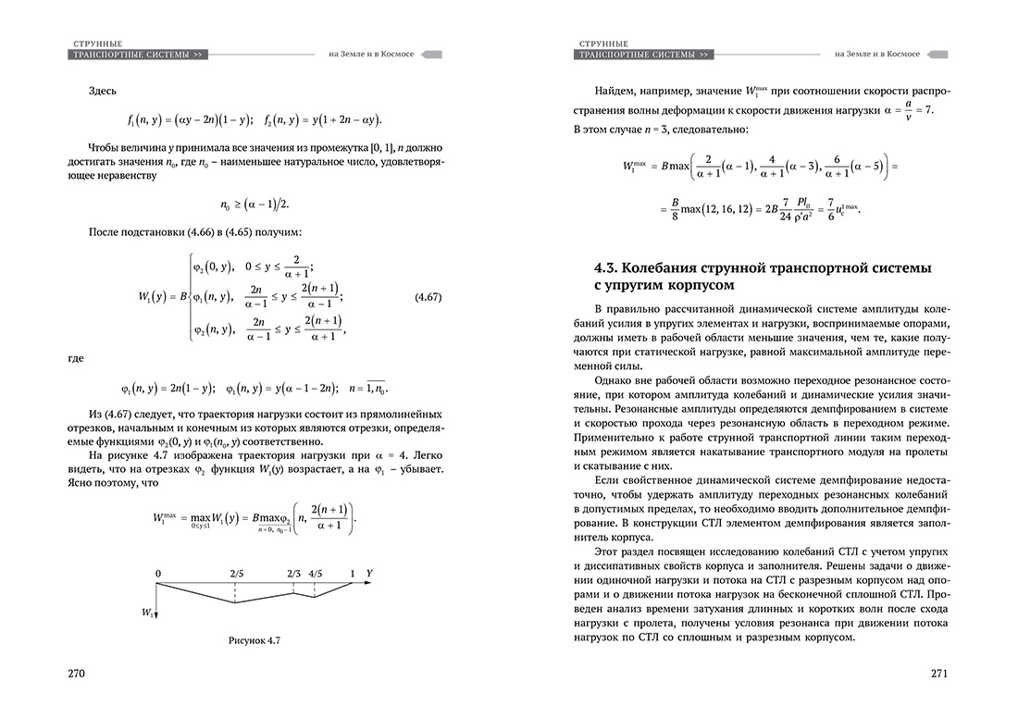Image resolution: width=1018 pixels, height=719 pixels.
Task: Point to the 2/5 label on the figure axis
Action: click(x=237, y=575)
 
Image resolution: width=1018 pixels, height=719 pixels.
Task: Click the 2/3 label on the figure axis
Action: click(x=293, y=575)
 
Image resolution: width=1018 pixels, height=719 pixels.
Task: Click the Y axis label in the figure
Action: click(x=369, y=574)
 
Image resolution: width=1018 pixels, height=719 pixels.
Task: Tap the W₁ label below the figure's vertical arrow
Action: click(x=148, y=613)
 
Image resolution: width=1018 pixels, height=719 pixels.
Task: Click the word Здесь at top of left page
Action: click(x=104, y=91)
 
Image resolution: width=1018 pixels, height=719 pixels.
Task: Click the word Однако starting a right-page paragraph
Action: click(x=614, y=379)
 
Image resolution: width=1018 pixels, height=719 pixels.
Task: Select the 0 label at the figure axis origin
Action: click(x=158, y=575)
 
